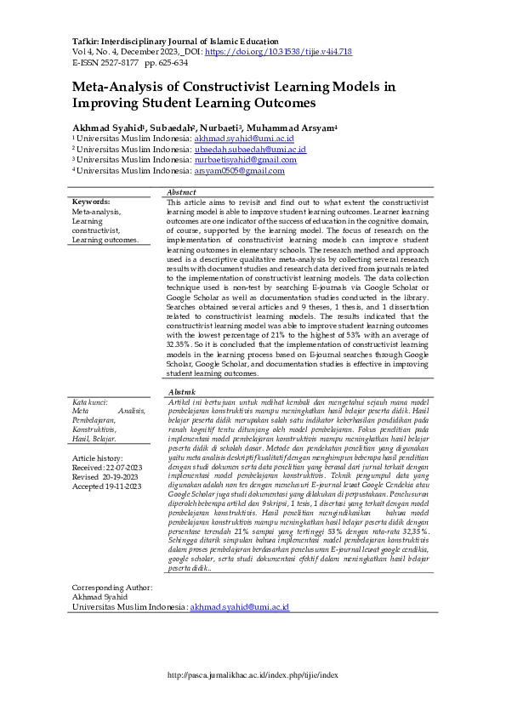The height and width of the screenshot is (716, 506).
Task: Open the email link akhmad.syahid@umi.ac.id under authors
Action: click(244, 138)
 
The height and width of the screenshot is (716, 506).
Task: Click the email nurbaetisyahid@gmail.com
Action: click(246, 159)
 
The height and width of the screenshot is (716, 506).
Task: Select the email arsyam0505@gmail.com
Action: click(239, 170)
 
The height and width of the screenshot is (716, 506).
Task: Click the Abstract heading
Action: click(182, 193)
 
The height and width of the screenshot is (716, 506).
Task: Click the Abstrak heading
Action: click(182, 389)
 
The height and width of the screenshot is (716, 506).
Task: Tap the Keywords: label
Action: click(92, 202)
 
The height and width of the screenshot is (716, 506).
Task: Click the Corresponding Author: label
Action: click(112, 588)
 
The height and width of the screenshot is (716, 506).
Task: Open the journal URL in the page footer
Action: click(253, 675)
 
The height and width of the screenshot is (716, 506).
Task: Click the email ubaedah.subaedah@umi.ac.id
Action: click(250, 149)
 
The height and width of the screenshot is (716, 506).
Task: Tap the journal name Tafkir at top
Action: click(83, 41)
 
